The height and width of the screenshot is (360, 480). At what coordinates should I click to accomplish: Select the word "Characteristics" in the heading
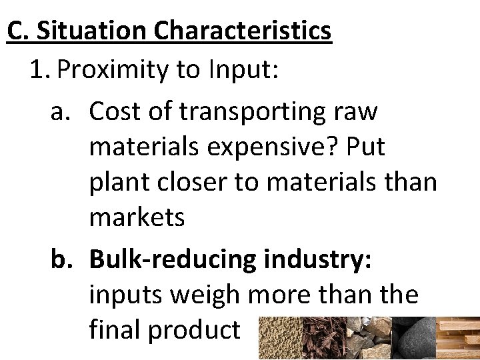pos(243,31)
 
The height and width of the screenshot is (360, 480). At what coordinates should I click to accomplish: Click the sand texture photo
pos(279,337)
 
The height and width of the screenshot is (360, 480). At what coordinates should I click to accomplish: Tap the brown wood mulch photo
pos(323,337)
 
